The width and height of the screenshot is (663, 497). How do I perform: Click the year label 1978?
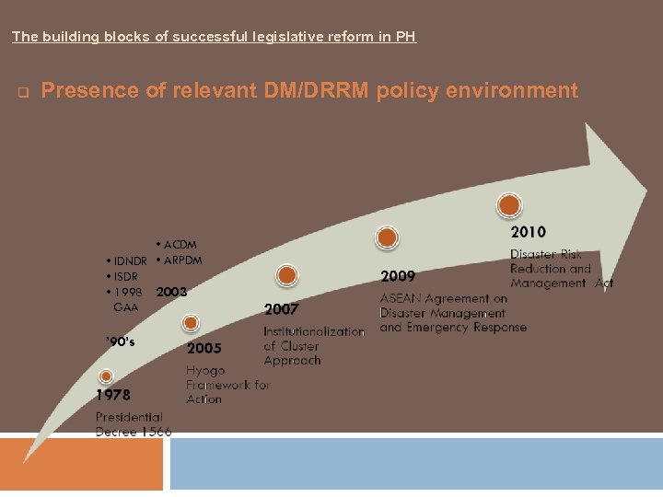(x=113, y=395)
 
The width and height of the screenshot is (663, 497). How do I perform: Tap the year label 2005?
(x=204, y=349)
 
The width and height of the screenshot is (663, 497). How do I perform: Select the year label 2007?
(x=282, y=309)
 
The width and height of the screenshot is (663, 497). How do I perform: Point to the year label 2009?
(x=398, y=275)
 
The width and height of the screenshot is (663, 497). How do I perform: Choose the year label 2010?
(x=528, y=232)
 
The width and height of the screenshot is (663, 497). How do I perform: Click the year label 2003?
(x=171, y=292)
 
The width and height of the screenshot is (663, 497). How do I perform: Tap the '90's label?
(x=120, y=342)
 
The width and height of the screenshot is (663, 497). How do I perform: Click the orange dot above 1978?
(x=106, y=376)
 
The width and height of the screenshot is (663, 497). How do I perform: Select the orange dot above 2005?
(x=191, y=323)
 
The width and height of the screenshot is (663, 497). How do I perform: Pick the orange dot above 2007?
(x=287, y=274)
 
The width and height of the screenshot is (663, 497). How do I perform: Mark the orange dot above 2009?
(x=388, y=237)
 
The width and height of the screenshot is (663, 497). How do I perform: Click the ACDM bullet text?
(x=180, y=245)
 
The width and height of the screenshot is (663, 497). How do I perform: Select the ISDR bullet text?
(x=122, y=276)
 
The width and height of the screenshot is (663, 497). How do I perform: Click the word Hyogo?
(x=205, y=370)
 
